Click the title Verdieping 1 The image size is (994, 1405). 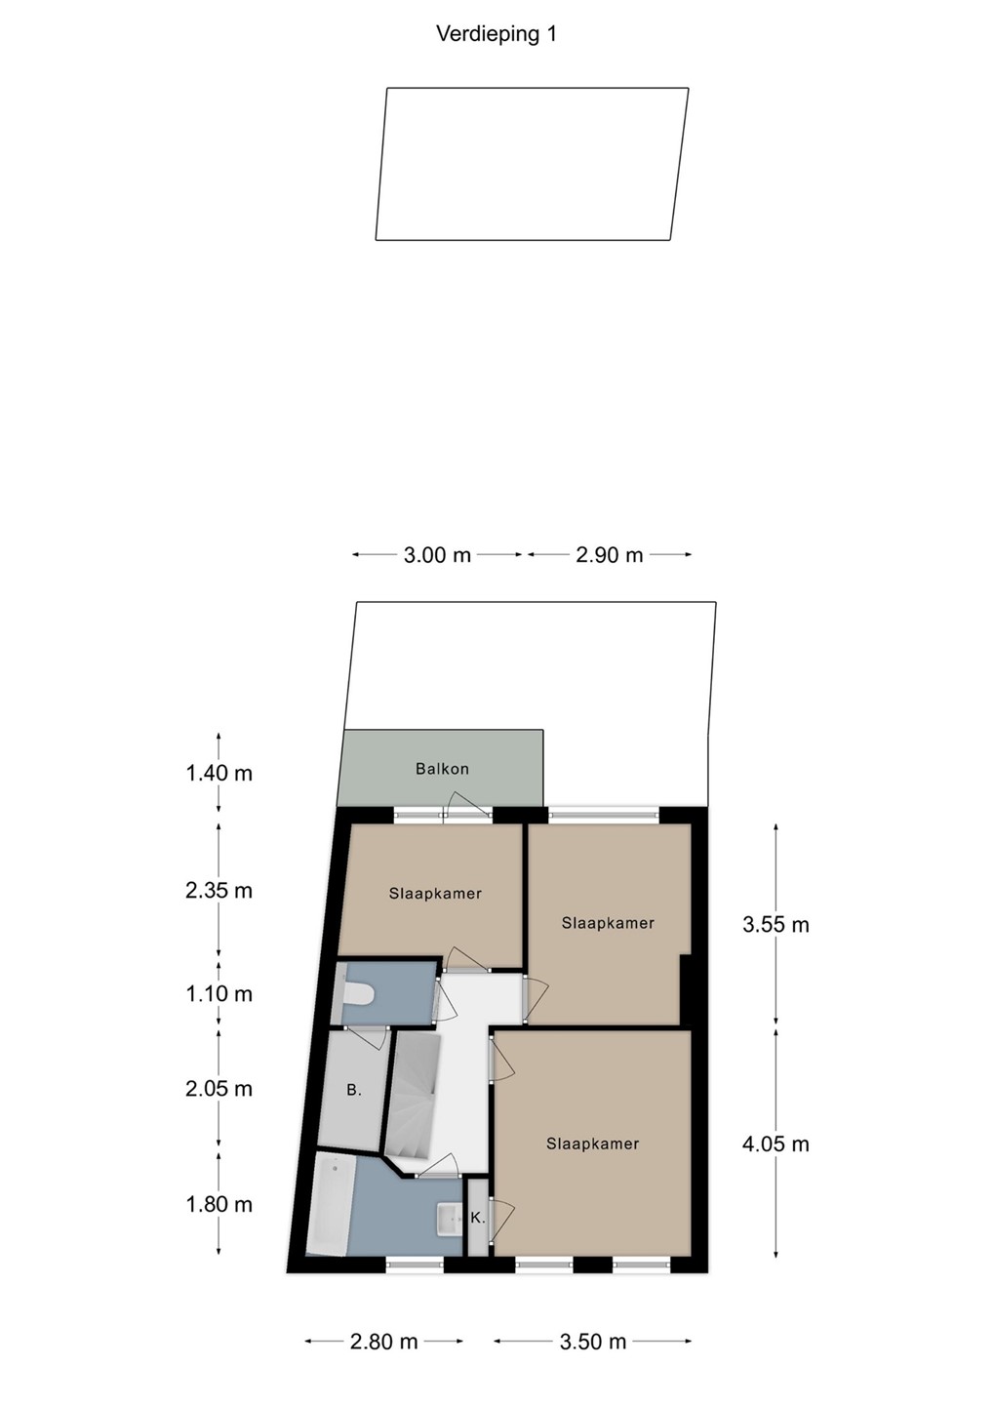497,34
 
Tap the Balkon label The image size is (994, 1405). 442,769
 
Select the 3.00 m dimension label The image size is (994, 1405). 437,555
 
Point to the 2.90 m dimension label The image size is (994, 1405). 610,555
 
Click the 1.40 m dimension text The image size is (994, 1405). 219,773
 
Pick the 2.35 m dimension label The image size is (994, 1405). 219,890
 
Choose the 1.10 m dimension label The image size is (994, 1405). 219,993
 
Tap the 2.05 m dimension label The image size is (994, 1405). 219,1088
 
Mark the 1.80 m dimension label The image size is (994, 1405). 219,1204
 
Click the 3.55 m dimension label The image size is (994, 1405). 775,925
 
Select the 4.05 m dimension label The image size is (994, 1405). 775,1144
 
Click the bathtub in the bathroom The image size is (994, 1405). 329,1206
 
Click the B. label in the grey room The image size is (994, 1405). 354,1091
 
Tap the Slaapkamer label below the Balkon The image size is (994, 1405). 435,894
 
